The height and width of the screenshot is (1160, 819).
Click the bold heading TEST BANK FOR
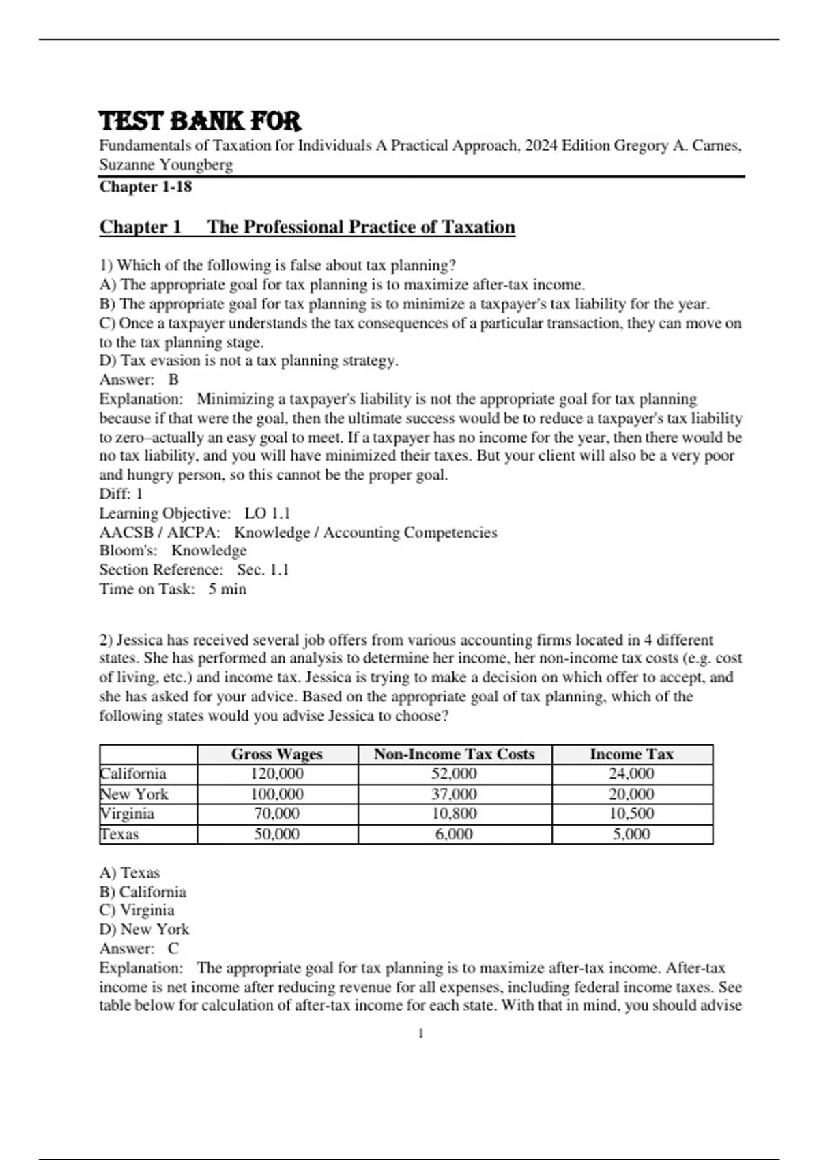tap(200, 121)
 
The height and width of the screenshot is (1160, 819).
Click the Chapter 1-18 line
tap(145, 186)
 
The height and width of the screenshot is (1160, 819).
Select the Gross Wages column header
tap(276, 754)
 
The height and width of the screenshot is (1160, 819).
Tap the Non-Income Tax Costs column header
tap(454, 754)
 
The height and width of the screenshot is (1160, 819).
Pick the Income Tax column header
tap(631, 754)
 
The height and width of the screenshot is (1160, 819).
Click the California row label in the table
tap(133, 774)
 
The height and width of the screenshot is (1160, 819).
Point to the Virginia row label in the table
tap(128, 813)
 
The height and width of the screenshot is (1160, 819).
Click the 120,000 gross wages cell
tap(276, 774)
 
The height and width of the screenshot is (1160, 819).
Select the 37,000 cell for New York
tap(454, 794)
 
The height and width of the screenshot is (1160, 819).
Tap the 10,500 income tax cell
tap(631, 813)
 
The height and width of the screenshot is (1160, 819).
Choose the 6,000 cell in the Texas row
tap(454, 834)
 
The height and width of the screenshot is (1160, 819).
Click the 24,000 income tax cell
tap(631, 774)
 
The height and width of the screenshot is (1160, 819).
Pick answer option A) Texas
tap(130, 873)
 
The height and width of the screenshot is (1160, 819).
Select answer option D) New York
tap(144, 929)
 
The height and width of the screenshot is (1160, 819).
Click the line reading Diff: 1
tap(121, 494)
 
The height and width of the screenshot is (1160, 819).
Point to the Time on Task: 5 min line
tap(173, 589)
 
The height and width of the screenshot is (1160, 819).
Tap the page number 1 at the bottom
tap(420, 1034)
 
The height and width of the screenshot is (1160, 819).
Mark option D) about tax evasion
tap(248, 361)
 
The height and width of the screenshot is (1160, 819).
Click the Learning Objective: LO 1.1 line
tap(195, 513)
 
